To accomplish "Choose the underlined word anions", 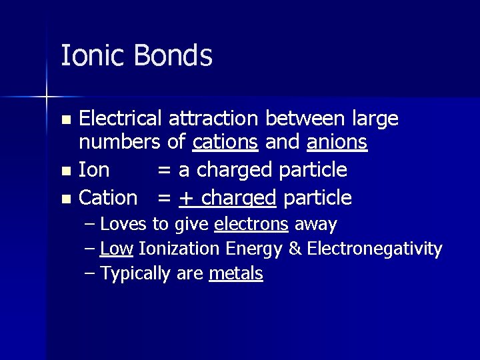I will (337, 142).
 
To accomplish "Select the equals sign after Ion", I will (163, 171).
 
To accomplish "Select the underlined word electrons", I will (251, 224).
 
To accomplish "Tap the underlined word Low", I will (116, 249).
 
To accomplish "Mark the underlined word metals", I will (236, 274).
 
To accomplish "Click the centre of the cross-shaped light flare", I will (47, 97).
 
